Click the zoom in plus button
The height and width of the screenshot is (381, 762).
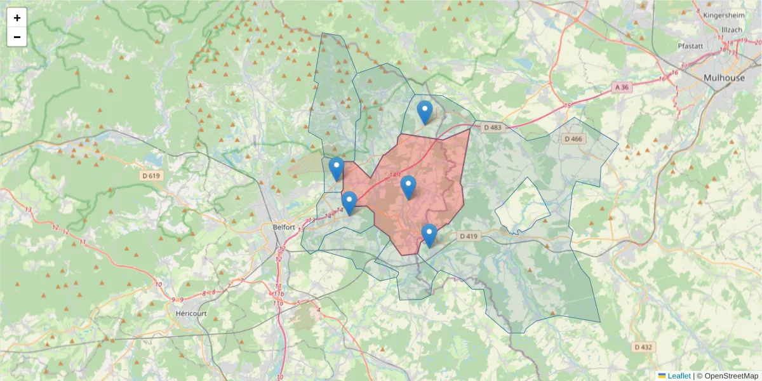tap(17, 18)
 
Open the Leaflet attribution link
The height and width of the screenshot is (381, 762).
tap(678, 376)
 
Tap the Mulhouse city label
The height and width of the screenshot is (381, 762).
tap(724, 77)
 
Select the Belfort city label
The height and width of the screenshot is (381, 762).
tap(283, 227)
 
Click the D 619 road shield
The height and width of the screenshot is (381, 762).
tap(152, 175)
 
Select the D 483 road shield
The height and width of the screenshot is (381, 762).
tap(492, 128)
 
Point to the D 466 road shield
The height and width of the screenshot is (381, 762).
tap(572, 139)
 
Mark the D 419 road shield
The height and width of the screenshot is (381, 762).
tap(467, 236)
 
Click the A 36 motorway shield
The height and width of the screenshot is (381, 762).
tap(622, 87)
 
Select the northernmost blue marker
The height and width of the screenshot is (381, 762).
tap(425, 113)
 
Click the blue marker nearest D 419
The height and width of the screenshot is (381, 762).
tap(429, 236)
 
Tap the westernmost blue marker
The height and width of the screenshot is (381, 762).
tap(337, 169)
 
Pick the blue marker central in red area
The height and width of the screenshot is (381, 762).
tap(408, 187)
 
